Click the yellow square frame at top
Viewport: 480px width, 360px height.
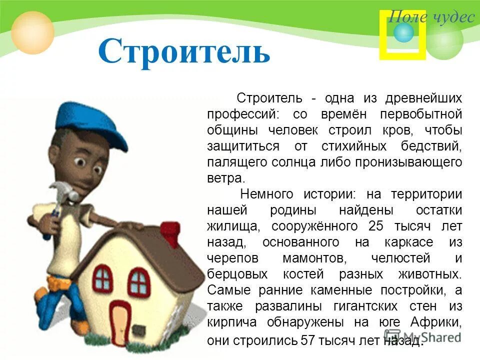402,35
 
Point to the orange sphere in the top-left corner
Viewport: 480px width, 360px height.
32,32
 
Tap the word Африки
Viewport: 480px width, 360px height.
434,322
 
